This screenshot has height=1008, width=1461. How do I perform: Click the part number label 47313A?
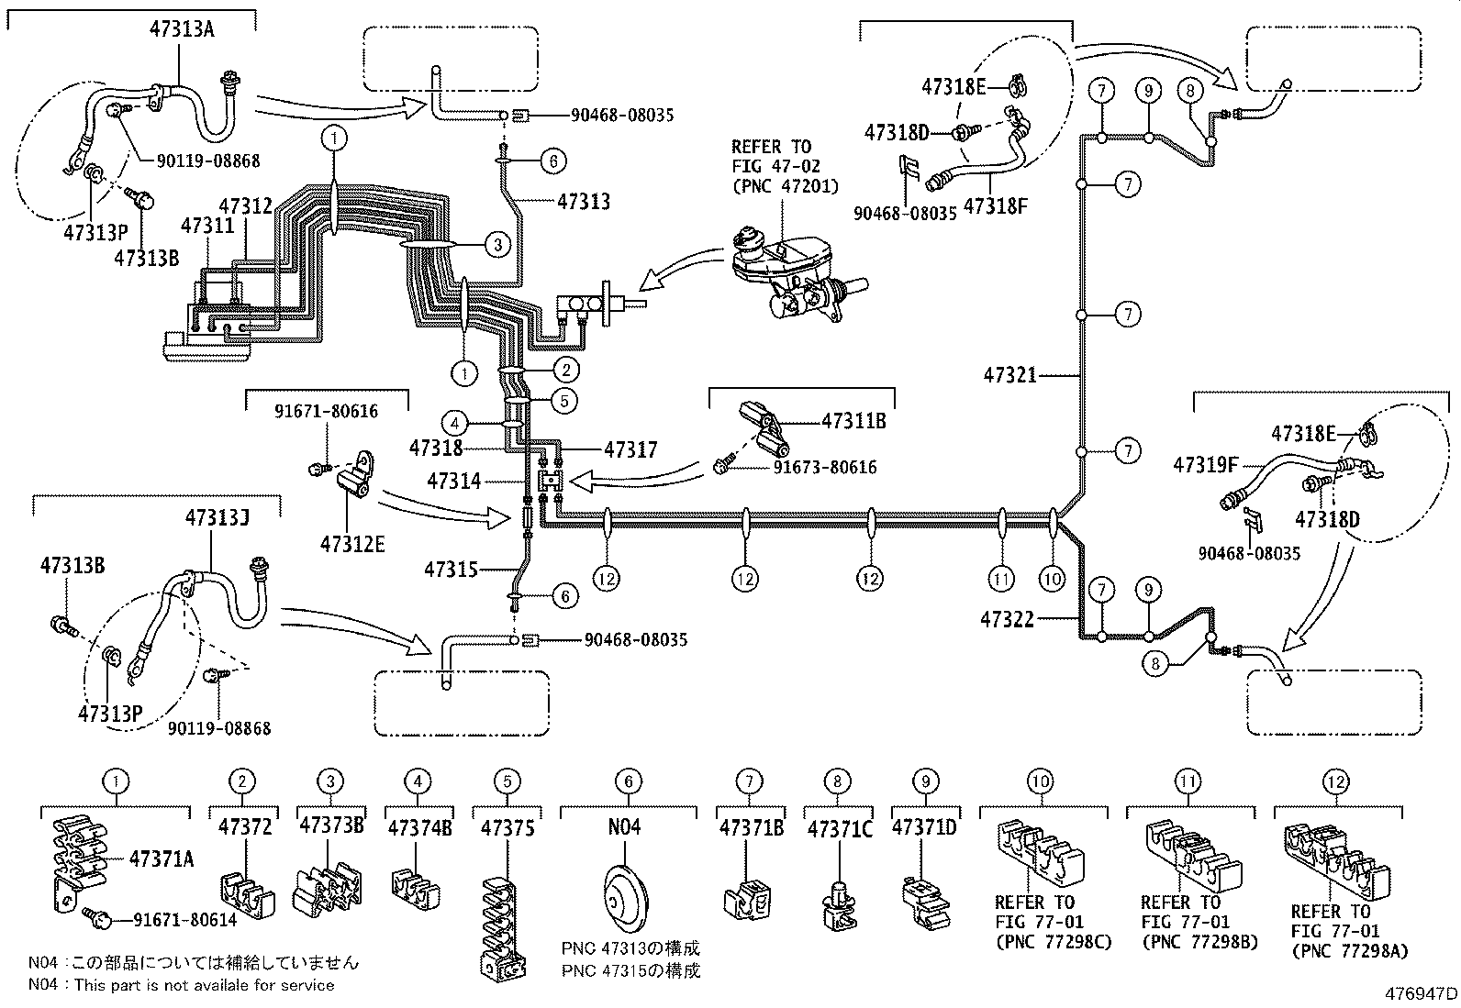coord(182,28)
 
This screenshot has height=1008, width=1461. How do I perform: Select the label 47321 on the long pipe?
coord(1009,375)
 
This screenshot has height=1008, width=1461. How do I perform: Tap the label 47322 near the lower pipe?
coord(1007,620)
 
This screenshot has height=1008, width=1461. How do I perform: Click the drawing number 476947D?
coord(1422,992)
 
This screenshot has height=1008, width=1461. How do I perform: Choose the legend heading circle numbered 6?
coord(629,781)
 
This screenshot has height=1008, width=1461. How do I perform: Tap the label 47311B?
coord(853,421)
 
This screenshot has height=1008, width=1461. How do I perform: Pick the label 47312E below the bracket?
coord(352,544)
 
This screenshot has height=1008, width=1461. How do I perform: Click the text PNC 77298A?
coord(1349,952)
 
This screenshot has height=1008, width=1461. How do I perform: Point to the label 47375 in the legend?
coord(506,827)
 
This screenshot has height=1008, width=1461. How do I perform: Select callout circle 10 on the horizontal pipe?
coord(1052,579)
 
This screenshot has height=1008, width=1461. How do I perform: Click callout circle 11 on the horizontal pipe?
coord(1001,579)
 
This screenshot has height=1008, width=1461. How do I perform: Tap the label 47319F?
coord(1205,465)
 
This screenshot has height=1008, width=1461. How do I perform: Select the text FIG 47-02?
coord(775,166)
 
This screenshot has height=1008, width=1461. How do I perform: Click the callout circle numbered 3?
coord(496,244)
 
